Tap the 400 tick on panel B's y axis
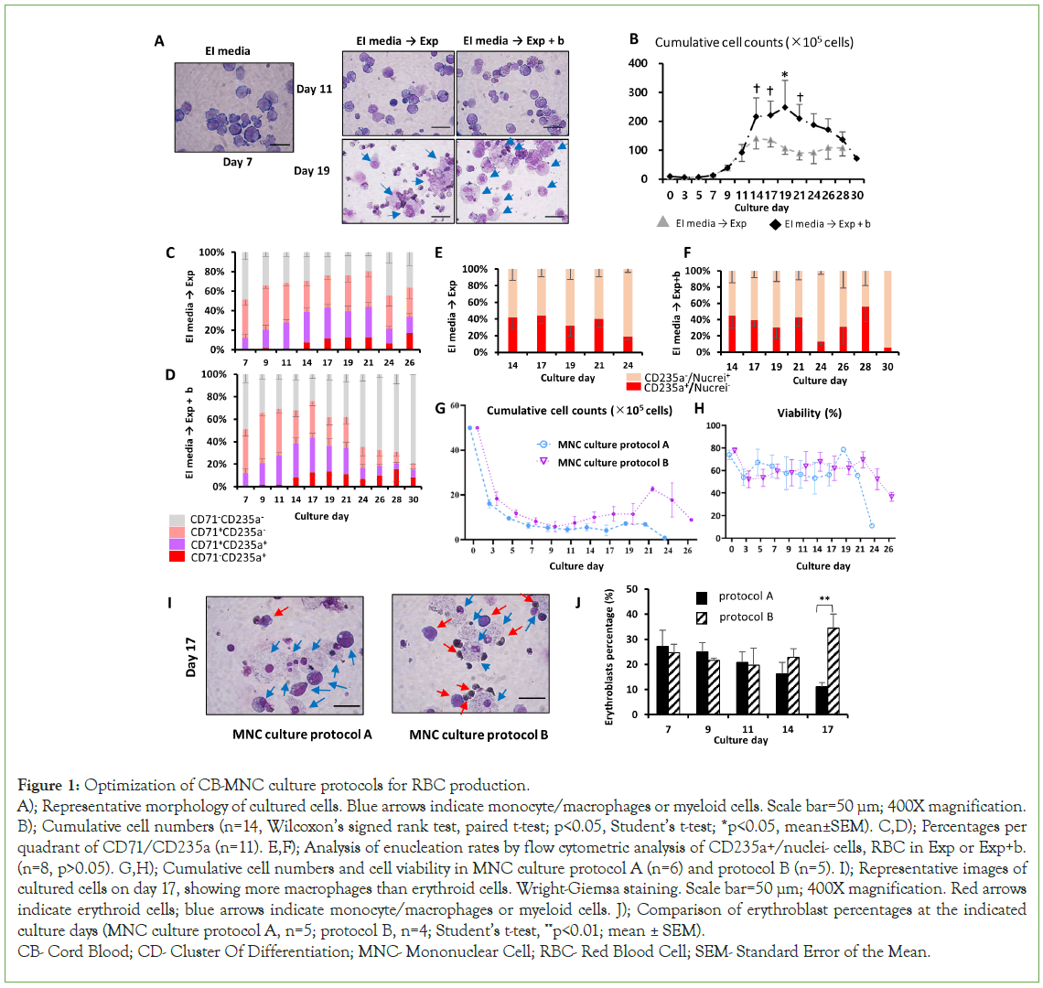638,64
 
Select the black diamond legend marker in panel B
775,223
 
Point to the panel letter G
441,408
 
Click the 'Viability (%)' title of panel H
809,413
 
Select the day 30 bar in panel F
887,311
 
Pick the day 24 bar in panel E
628,311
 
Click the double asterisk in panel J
825,599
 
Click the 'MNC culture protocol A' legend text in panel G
613,445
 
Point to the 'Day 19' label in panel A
311,170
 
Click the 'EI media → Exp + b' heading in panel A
512,40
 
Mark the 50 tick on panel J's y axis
632,589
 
